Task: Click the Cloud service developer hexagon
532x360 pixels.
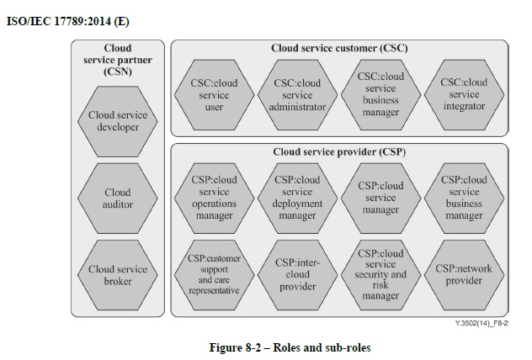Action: click(117, 121)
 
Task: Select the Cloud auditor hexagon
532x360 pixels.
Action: click(117, 199)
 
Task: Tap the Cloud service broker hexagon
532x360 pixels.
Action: click(117, 275)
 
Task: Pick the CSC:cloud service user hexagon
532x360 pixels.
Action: click(214, 95)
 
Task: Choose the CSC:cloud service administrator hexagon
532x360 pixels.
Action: click(297, 95)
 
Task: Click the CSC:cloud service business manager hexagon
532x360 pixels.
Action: click(380, 95)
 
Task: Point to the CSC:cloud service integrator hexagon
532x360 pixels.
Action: click(464, 95)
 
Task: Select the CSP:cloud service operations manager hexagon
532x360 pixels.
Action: click(214, 199)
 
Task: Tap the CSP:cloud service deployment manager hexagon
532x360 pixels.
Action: click(297, 199)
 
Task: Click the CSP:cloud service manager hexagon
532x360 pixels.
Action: click(380, 199)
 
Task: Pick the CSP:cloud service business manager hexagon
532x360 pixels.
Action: click(464, 199)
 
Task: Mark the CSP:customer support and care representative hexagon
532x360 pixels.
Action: click(214, 275)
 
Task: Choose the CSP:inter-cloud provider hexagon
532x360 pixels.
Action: click(297, 275)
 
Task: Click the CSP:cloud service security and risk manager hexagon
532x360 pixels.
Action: click(380, 275)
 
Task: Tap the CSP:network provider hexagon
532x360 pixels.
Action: click(464, 275)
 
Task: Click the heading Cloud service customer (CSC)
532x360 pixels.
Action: click(339, 48)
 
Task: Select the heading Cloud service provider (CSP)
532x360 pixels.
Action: click(339, 152)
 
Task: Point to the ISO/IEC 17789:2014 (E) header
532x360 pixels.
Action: click(68, 21)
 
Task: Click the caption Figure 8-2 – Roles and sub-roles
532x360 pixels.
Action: click(290, 347)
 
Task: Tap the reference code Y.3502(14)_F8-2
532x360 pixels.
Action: click(481, 323)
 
